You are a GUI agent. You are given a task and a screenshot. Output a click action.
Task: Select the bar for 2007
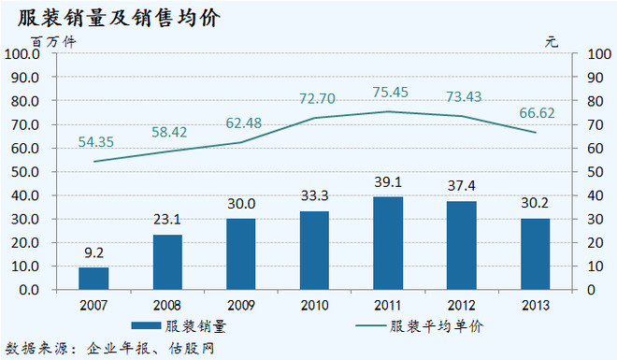point(93,278)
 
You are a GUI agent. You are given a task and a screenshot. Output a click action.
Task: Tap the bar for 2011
point(388,243)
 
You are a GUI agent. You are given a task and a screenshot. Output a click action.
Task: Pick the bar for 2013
point(535,253)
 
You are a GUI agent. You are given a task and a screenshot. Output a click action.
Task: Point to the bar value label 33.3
point(314,199)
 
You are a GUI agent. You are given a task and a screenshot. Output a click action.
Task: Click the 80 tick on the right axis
point(591,101)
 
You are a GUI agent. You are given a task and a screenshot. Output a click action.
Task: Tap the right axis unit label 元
point(552,40)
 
